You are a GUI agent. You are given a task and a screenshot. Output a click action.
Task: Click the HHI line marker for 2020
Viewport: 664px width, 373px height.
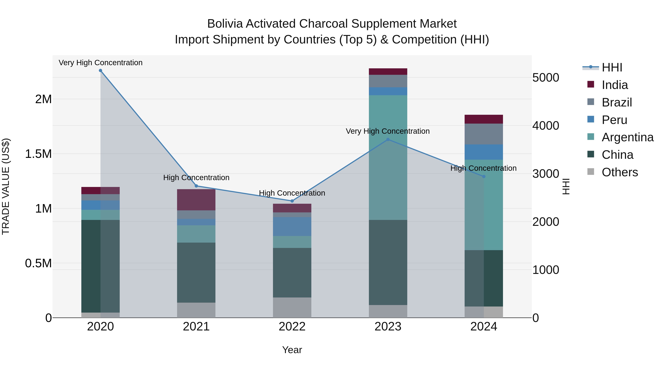(x=101, y=71)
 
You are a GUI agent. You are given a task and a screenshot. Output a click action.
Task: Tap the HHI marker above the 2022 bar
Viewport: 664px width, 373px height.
(x=292, y=201)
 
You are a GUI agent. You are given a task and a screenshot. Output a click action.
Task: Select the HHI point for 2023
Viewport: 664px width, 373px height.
(x=388, y=139)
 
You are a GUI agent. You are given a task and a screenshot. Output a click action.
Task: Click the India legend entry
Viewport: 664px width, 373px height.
(x=615, y=85)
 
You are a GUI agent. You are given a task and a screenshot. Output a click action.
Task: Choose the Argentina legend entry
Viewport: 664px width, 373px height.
(x=627, y=137)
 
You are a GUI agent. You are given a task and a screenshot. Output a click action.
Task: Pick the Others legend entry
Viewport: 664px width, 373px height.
(x=620, y=172)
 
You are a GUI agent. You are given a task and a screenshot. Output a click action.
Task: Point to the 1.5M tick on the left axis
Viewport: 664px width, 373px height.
(x=38, y=154)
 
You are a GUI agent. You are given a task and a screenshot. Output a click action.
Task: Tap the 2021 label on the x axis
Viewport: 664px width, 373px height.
(x=196, y=327)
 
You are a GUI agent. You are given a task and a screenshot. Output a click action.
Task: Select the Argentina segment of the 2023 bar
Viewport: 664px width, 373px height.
(x=388, y=157)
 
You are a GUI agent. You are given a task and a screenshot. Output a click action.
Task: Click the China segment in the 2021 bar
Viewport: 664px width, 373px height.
(x=196, y=272)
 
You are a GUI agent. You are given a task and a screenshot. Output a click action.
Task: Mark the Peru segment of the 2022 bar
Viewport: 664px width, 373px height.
(x=292, y=227)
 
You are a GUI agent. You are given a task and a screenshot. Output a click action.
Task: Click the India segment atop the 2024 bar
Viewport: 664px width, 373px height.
(x=484, y=119)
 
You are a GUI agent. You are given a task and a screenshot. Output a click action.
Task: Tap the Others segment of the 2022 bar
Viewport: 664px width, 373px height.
(x=292, y=308)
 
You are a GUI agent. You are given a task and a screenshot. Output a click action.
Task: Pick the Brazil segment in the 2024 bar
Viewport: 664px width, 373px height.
(x=484, y=134)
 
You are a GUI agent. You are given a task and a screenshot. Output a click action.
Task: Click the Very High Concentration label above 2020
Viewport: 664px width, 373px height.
(x=101, y=63)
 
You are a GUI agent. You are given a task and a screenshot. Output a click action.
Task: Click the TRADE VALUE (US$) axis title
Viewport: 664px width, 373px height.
(x=6, y=186)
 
